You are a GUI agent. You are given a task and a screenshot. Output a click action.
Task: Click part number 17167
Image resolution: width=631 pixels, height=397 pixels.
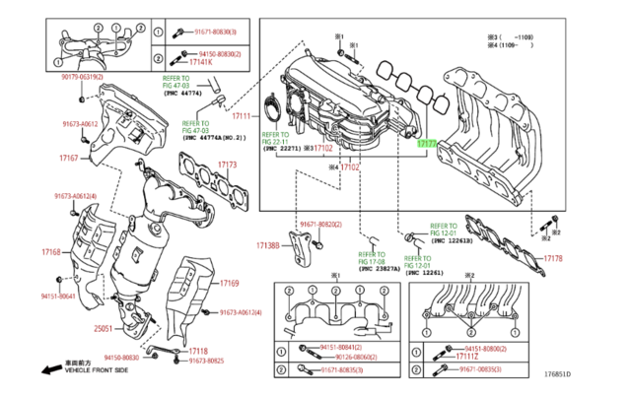[68, 158]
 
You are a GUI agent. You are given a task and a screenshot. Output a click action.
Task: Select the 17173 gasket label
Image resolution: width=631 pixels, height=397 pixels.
[227, 165]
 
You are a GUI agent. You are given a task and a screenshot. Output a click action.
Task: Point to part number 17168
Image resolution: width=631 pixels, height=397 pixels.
[51, 252]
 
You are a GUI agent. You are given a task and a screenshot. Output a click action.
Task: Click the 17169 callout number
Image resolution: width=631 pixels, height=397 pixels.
[229, 283]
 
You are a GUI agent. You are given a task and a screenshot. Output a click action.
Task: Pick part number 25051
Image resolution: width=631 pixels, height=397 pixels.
[105, 329]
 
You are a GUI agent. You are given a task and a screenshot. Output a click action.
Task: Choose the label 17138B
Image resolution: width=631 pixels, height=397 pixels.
[268, 244]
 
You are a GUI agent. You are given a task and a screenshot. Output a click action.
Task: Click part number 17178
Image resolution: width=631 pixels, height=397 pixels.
[553, 258]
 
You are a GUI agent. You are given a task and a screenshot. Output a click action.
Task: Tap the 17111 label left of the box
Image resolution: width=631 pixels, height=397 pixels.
[245, 117]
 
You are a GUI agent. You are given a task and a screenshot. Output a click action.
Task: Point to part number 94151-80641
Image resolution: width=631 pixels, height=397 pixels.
[59, 296]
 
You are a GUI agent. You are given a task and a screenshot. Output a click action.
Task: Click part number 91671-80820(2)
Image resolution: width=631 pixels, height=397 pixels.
[321, 225]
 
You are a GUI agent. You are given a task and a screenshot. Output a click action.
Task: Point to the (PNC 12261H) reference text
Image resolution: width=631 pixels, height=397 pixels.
[453, 239]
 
